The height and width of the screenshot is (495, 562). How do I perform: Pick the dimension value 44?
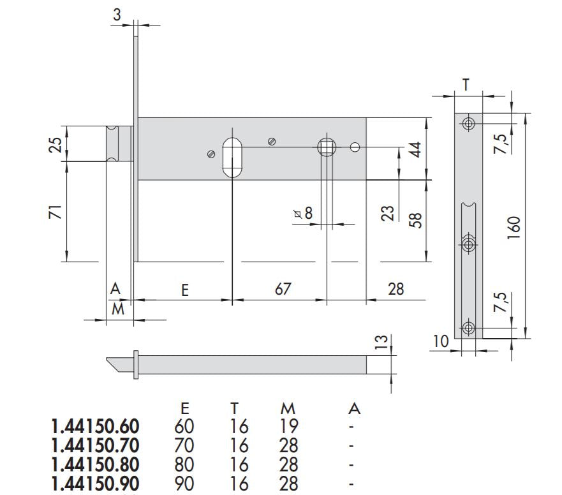(415, 151)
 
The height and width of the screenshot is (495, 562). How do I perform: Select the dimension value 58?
(415, 221)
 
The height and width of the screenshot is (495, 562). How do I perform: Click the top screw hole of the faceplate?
(469, 123)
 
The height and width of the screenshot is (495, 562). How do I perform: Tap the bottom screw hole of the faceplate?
(469, 329)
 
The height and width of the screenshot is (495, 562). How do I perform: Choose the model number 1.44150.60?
(94, 426)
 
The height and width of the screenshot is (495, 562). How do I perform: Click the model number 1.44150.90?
(94, 484)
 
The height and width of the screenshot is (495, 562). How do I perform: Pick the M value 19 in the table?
(288, 426)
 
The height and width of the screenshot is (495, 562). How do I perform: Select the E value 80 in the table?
(184, 464)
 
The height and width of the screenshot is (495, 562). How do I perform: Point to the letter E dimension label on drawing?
(185, 290)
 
